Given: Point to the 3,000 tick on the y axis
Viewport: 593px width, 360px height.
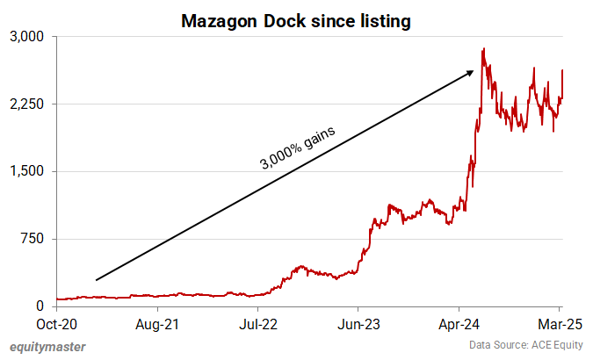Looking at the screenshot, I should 31,37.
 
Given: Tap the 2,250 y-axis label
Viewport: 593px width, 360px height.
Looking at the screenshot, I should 31,104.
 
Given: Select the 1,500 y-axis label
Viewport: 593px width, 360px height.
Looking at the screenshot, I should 31,171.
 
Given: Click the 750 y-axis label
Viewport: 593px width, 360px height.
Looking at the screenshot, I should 36,239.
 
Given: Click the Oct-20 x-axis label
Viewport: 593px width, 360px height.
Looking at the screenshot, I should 56,324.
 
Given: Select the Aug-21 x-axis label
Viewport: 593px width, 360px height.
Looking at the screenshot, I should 158,324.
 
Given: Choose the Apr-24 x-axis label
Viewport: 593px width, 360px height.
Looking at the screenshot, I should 459,324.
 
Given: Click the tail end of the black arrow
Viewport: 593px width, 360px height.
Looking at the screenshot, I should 96,279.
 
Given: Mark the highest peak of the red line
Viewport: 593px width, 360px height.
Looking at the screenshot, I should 483,49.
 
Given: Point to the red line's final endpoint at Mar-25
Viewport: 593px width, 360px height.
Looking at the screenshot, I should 562,70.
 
